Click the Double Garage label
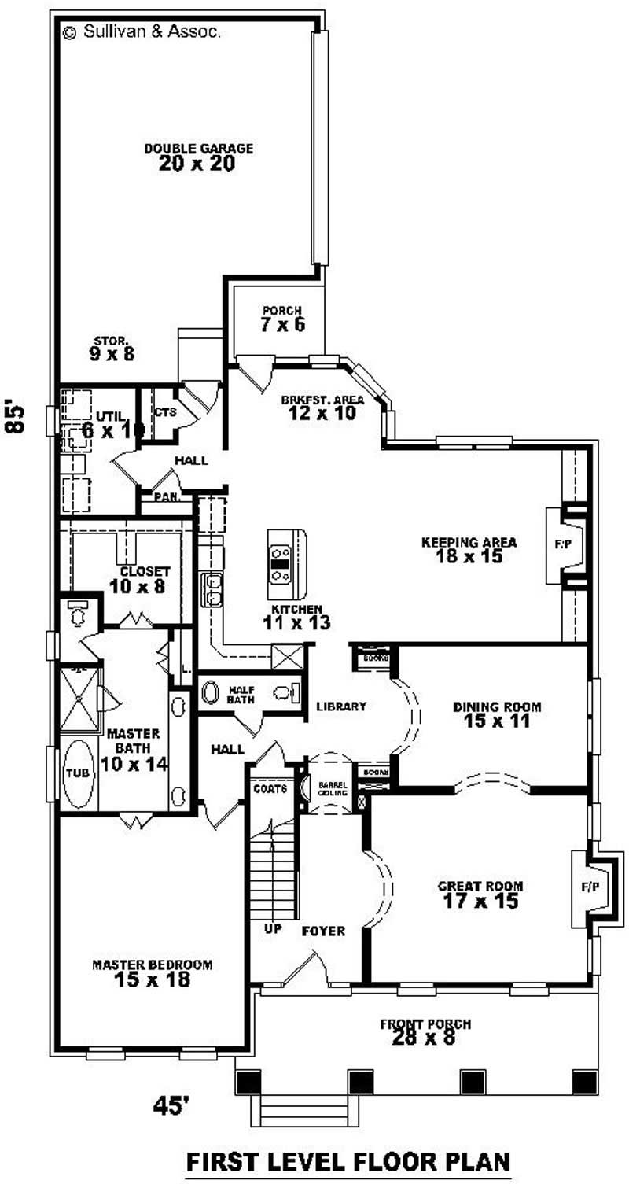[x=198, y=148]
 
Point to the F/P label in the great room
[x=590, y=887]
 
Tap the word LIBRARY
[x=341, y=706]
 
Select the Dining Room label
[x=496, y=706]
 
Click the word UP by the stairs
[x=273, y=929]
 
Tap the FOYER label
[x=323, y=931]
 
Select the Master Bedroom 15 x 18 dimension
[x=153, y=981]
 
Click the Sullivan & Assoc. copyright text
[x=142, y=33]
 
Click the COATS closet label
[x=268, y=787]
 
